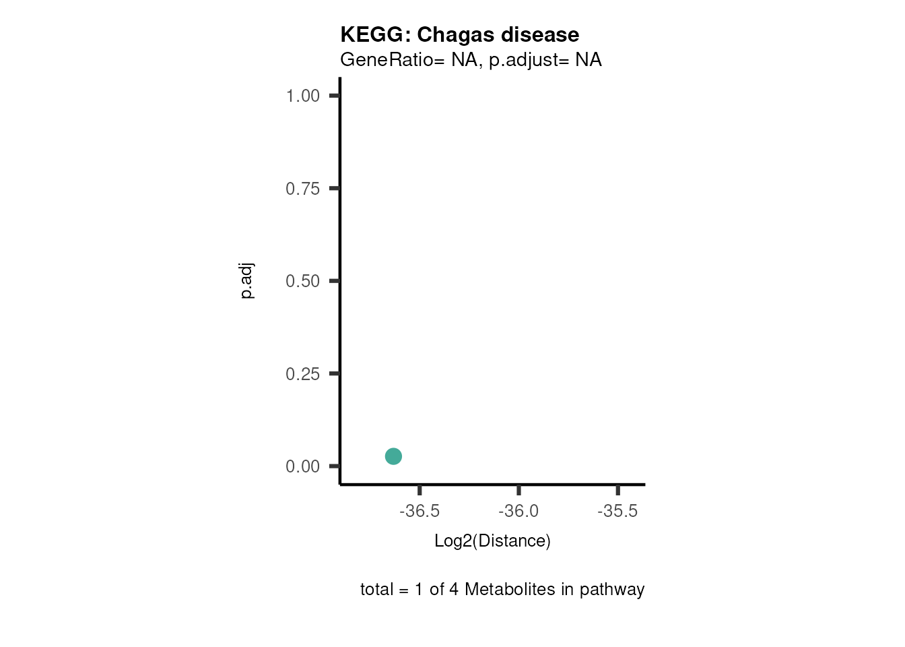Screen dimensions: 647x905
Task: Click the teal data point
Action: pyautogui.click(x=393, y=456)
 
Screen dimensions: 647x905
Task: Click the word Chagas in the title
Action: pyautogui.click(x=453, y=34)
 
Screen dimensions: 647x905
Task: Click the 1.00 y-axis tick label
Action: pyautogui.click(x=302, y=96)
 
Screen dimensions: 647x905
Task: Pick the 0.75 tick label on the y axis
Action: pyautogui.click(x=302, y=189)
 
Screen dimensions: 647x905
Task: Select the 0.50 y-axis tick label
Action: pyautogui.click(x=302, y=281)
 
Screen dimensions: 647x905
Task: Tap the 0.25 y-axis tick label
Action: pyautogui.click(x=302, y=374)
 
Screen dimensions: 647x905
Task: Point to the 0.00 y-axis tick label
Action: pyautogui.click(x=302, y=466)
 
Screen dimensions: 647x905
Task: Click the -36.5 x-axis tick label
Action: pyautogui.click(x=420, y=511)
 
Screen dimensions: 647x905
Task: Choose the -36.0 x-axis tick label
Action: pyautogui.click(x=518, y=511)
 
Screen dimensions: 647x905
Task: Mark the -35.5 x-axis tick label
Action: pyautogui.click(x=617, y=511)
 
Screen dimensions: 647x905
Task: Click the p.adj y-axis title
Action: pyautogui.click(x=247, y=281)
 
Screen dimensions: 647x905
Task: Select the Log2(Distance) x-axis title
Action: pyautogui.click(x=492, y=541)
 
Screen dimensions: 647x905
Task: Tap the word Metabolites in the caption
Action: pyautogui.click(x=510, y=590)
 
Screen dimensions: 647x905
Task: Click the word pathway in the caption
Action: pyautogui.click(x=611, y=590)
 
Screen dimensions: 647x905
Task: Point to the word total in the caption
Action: pyautogui.click(x=376, y=590)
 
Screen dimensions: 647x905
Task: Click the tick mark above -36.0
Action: pyautogui.click(x=518, y=490)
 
